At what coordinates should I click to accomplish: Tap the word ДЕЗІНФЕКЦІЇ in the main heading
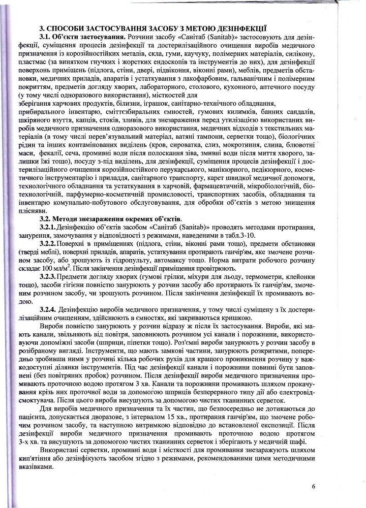pyautogui.click(x=244, y=27)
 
